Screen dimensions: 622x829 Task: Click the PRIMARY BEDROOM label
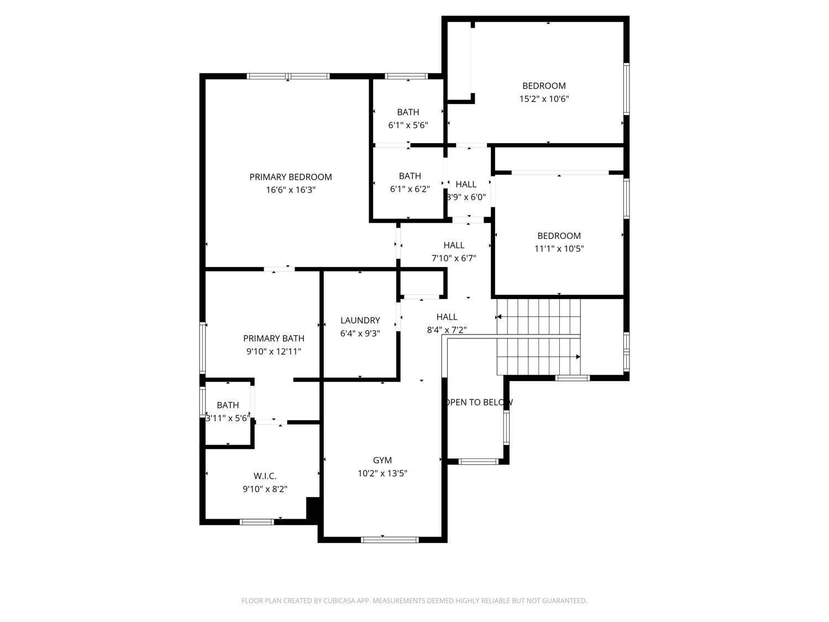(290, 177)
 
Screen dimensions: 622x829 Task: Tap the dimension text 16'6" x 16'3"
(290, 190)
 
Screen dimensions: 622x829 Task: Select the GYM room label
(382, 460)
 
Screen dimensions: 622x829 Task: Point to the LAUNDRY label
(360, 320)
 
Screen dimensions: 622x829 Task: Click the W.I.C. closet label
(265, 476)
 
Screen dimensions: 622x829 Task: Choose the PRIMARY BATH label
(274, 338)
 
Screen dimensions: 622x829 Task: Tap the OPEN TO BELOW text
(479, 403)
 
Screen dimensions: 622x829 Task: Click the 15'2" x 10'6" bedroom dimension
(544, 99)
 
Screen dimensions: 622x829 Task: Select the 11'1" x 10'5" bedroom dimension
(559, 249)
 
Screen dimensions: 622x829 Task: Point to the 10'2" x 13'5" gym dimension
(382, 473)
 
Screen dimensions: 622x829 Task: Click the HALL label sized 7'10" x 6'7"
(454, 245)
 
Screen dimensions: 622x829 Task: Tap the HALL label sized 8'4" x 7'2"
(447, 317)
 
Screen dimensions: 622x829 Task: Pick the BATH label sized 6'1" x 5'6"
(408, 112)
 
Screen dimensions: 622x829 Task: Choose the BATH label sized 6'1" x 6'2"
(410, 176)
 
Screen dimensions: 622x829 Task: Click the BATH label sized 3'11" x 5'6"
(228, 405)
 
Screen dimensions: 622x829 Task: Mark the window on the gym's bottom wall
(390, 540)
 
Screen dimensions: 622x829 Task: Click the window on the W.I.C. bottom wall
(257, 521)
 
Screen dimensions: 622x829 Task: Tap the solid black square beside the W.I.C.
(313, 507)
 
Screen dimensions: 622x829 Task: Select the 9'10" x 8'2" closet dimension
(265, 489)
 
